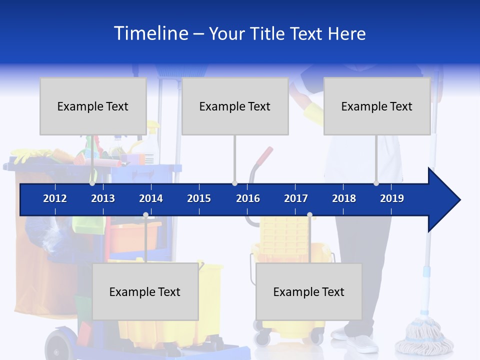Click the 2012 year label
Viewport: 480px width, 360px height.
pyautogui.click(x=55, y=198)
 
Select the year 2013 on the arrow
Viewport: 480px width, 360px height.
pyautogui.click(x=103, y=198)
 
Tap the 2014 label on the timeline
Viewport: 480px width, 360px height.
pyautogui.click(x=151, y=198)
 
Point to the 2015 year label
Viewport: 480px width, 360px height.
pyautogui.click(x=199, y=198)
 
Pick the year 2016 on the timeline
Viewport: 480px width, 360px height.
pyautogui.click(x=248, y=198)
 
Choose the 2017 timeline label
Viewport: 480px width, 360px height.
pyautogui.click(x=296, y=198)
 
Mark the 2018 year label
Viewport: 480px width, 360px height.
pyautogui.click(x=344, y=198)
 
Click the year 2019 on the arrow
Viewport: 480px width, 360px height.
pyautogui.click(x=392, y=198)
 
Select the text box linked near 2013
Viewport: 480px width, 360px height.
pyautogui.click(x=93, y=106)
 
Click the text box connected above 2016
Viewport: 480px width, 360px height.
pyautogui.click(x=235, y=106)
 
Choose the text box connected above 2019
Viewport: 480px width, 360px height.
pyautogui.click(x=377, y=106)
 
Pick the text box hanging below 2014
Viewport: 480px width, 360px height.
pyautogui.click(x=145, y=291)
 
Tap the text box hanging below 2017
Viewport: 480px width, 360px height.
pyautogui.click(x=309, y=291)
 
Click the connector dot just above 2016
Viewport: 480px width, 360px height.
pyautogui.click(x=234, y=183)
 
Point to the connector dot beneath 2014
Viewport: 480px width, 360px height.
pyautogui.click(x=145, y=215)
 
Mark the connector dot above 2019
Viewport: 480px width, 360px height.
pyautogui.click(x=376, y=183)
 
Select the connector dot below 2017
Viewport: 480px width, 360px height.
pyautogui.click(x=309, y=215)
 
